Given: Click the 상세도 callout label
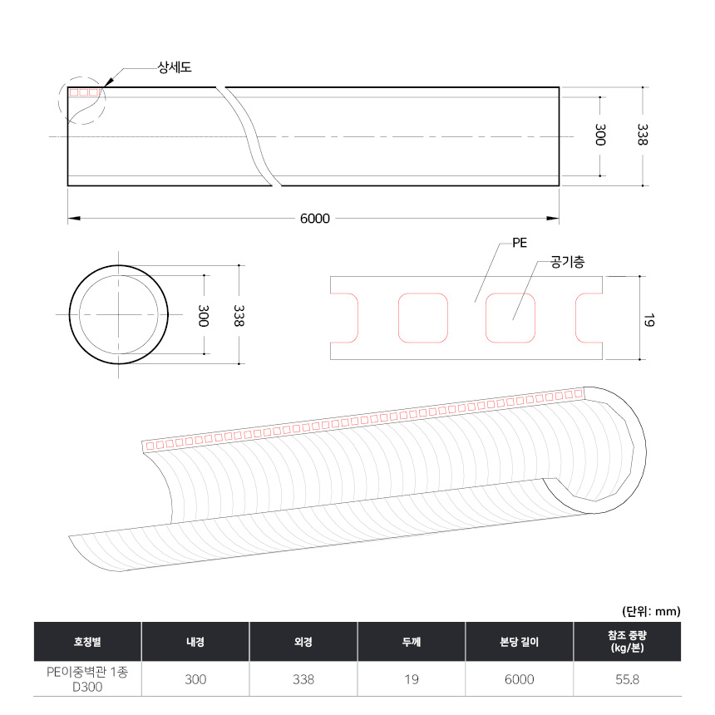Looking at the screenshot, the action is pos(175,67).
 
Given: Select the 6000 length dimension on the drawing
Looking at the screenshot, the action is pos(314,219).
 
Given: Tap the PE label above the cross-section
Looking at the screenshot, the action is pos(520,243).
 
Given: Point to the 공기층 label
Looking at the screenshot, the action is pos(567,262).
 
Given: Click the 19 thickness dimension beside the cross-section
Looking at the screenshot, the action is pos(648,320).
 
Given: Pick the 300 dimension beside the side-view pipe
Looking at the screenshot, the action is pos(600,135).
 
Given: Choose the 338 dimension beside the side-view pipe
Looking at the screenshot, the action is pos(642,135).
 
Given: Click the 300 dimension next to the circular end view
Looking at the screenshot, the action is pos(204,316).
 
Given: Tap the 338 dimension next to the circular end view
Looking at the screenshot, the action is pos(239,316).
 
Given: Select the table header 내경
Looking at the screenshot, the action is pos(195,642).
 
